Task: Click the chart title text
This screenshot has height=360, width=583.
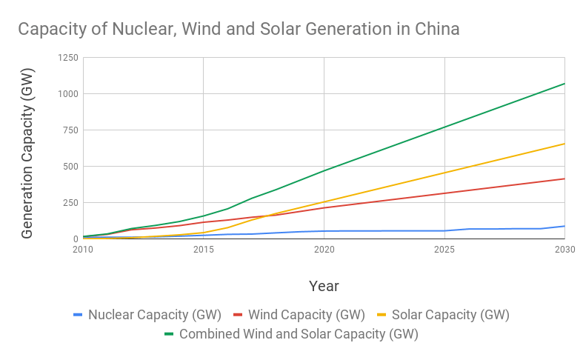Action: [x=239, y=30]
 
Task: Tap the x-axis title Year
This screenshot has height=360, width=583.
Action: [x=324, y=285]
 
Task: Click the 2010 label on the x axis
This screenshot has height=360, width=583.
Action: [x=83, y=250]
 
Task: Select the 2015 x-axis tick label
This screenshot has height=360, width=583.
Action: [x=204, y=250]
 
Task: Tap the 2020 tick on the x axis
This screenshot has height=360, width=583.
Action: [x=324, y=250]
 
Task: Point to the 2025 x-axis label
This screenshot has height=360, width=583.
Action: [x=444, y=250]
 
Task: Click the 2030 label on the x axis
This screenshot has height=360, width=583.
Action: [x=564, y=250]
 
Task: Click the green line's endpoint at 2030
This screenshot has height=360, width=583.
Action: [x=564, y=84]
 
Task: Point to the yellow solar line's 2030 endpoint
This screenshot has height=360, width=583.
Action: [x=564, y=144]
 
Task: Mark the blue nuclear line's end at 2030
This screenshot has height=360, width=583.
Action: [x=564, y=226]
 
